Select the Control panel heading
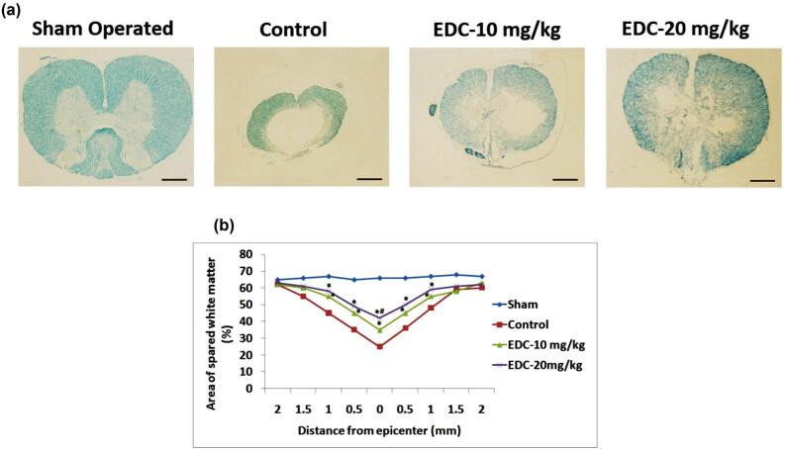tap(293, 29)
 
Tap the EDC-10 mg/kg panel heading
tap(488, 29)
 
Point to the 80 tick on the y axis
tap(260, 253)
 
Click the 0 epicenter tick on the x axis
tap(379, 406)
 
